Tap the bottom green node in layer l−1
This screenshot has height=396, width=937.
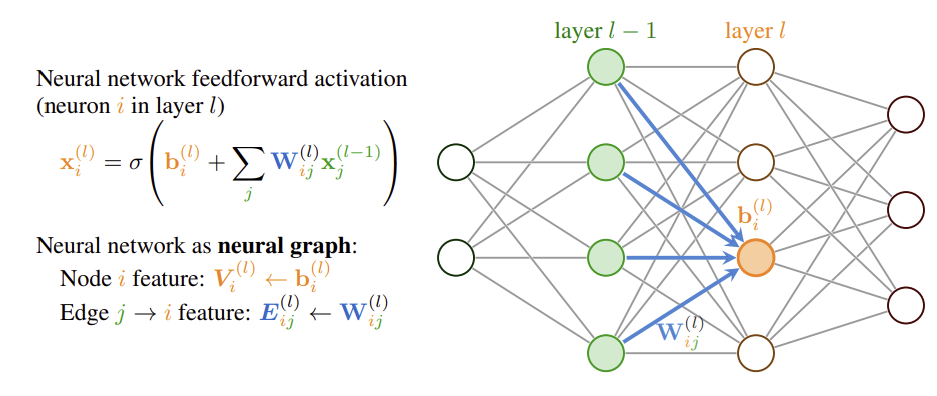[606, 352]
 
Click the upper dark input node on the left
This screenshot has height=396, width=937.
[456, 162]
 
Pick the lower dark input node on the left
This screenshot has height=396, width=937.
[456, 257]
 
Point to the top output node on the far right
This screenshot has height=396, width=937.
[906, 113]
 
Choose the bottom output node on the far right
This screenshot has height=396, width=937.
[906, 304]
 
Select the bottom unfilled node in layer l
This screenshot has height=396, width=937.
[756, 352]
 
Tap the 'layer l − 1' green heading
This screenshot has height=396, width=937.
[605, 31]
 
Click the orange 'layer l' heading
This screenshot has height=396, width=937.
[755, 31]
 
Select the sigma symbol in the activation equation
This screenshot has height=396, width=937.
[132, 163]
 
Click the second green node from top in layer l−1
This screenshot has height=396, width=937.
[606, 162]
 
